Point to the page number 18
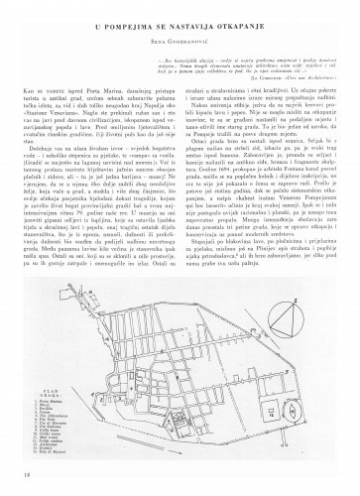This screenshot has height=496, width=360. (24, 475)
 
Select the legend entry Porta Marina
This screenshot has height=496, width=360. (50, 402)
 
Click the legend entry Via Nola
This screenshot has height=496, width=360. (46, 420)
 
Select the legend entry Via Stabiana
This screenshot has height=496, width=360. (49, 427)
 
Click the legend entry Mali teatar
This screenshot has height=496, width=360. (49, 437)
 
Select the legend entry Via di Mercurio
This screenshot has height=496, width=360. (53, 424)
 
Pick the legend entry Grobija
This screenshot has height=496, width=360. (46, 448)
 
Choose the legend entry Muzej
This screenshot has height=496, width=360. (44, 406)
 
